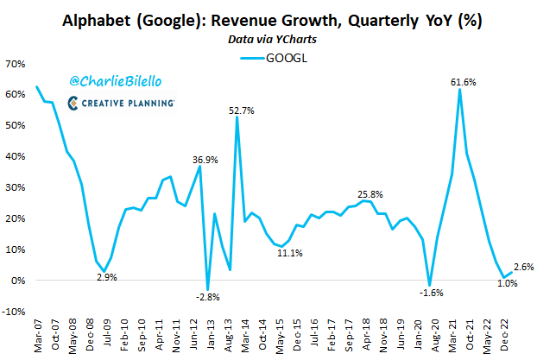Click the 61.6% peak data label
tap(464, 82)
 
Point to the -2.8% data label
tap(207, 297)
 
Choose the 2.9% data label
tap(105, 277)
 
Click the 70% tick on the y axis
tap(16, 63)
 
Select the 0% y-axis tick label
tap(19, 281)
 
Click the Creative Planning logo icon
tap(74, 102)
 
